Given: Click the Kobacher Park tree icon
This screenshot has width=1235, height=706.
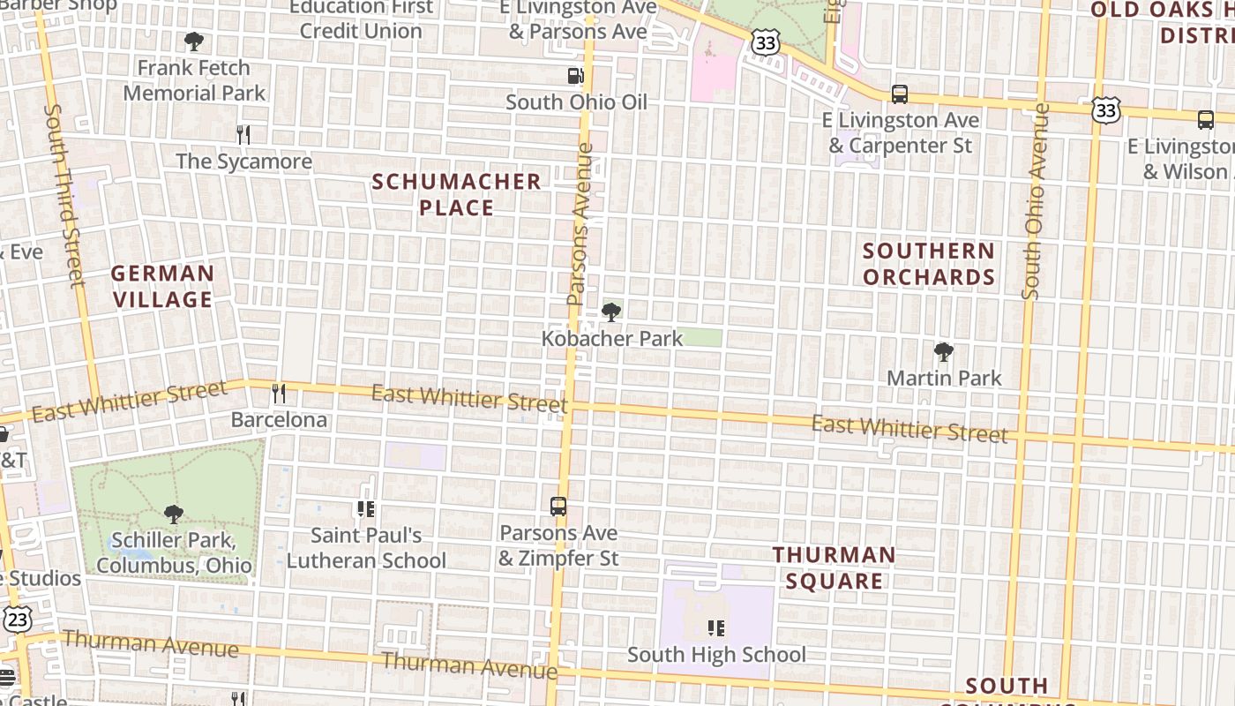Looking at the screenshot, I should tap(610, 312).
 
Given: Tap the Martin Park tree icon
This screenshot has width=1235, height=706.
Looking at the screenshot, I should tap(944, 352).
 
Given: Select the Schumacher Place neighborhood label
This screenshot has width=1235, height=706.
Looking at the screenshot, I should tap(456, 194).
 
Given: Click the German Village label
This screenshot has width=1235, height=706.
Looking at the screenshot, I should tap(162, 286).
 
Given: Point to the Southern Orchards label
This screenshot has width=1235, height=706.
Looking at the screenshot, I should tap(929, 264).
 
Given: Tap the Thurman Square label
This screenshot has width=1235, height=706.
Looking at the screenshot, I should tap(834, 567).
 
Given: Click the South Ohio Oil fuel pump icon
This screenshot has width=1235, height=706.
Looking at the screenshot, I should tap(575, 76).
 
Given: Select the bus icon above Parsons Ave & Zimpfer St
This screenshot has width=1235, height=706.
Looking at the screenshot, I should tap(558, 507).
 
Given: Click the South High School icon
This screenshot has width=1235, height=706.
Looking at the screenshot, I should tap(716, 628).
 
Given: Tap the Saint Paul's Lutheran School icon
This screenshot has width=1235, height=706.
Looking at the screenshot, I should tap(366, 509).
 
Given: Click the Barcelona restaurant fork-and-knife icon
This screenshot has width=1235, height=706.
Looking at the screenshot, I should tap(279, 393).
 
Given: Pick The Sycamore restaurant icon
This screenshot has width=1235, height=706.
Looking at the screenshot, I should tap(243, 134).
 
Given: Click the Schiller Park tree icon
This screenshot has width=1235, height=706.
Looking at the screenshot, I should tap(174, 514).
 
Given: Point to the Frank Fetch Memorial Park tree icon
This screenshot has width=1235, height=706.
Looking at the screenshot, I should tap(193, 41).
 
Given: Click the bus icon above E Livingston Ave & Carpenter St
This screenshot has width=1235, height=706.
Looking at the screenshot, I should tap(900, 94).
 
